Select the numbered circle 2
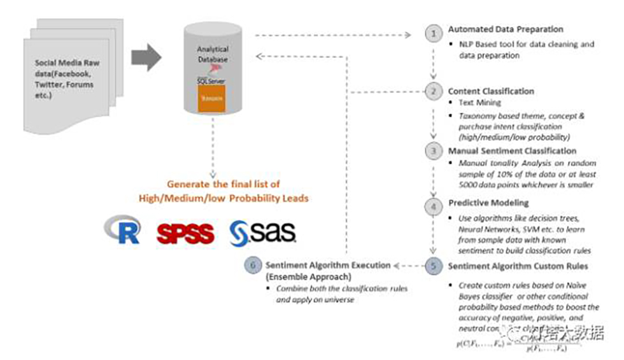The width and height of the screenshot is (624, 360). (433, 91)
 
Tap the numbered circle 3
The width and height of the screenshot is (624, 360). (433, 152)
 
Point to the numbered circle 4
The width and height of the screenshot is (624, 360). (433, 206)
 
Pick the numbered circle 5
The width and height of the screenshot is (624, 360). (433, 265)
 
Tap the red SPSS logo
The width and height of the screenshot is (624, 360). (185, 234)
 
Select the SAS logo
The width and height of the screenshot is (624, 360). (262, 233)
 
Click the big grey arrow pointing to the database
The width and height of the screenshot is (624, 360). (146, 58)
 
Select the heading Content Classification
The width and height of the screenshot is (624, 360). (491, 91)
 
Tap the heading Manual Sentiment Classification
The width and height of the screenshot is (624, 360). (512, 152)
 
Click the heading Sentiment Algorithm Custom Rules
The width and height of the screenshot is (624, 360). (517, 265)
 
